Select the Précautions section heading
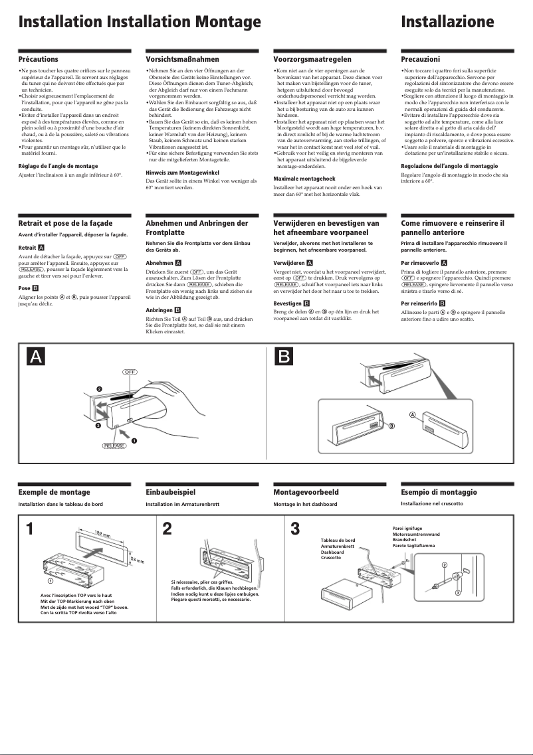click(38, 60)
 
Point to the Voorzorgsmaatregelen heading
click(312, 60)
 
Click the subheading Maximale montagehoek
click(304, 179)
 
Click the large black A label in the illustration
click(36, 357)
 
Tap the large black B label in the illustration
click(284, 357)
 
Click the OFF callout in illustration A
click(130, 372)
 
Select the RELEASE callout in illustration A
click(114, 446)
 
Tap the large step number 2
click(167, 529)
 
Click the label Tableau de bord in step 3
click(338, 541)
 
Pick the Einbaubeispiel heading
click(170, 493)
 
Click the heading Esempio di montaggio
click(439, 493)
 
